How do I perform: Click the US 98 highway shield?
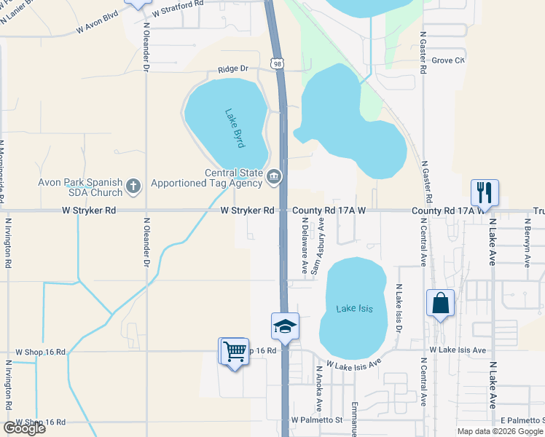[x=278, y=64]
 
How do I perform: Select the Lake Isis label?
[x=354, y=309]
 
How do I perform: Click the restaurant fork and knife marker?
[x=485, y=193]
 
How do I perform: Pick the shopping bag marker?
[x=441, y=304]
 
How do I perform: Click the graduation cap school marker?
[x=286, y=326]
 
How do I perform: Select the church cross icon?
[x=133, y=187]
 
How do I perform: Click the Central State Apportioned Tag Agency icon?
[x=273, y=176]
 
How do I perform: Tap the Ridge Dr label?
[x=233, y=69]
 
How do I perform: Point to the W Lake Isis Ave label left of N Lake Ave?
[x=458, y=350]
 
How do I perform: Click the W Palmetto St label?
[x=316, y=420]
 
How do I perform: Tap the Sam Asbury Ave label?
[x=319, y=250]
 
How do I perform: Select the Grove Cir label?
[x=448, y=60]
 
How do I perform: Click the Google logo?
[x=25, y=428]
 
